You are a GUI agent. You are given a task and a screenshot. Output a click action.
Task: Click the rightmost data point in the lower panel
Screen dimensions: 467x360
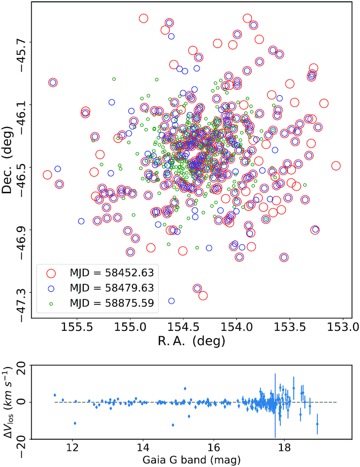pos(317,424)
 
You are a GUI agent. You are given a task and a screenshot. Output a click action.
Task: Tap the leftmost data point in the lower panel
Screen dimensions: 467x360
pos(55,395)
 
